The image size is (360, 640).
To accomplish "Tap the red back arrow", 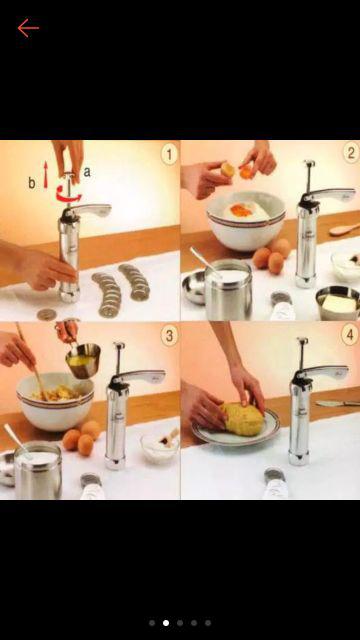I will click(28, 28).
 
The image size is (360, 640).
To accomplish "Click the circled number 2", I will click(349, 153).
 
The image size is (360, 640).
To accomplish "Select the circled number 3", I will click(168, 334).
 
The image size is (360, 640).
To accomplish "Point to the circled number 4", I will click(349, 334).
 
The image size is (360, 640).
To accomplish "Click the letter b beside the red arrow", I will click(32, 183).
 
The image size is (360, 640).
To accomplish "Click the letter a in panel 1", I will click(87, 172).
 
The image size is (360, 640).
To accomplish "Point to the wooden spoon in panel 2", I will click(344, 229).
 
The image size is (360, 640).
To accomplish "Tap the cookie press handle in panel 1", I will click(92, 212).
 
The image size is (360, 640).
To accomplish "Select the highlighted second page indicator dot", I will click(166, 622).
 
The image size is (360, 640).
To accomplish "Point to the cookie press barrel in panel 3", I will click(116, 425).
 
